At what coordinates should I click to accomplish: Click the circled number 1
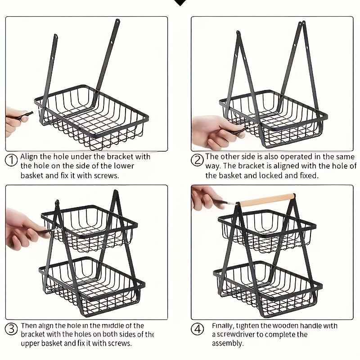[x=12, y=160]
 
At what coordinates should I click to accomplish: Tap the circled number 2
[x=197, y=160]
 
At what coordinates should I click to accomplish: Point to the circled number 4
[x=198, y=329]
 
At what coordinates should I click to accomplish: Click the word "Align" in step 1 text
[x=30, y=157]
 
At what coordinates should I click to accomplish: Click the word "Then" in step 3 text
[x=29, y=326]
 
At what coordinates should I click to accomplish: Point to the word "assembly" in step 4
[x=227, y=343]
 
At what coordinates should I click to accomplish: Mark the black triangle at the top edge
[x=180, y=2]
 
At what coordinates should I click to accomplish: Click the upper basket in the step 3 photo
[x=90, y=225]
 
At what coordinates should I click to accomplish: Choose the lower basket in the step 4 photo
[x=268, y=288]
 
